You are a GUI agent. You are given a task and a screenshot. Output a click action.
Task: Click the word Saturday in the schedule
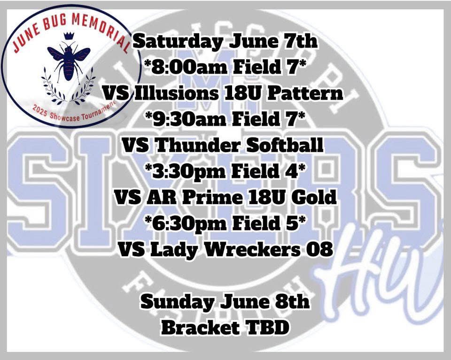(x=176, y=43)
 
